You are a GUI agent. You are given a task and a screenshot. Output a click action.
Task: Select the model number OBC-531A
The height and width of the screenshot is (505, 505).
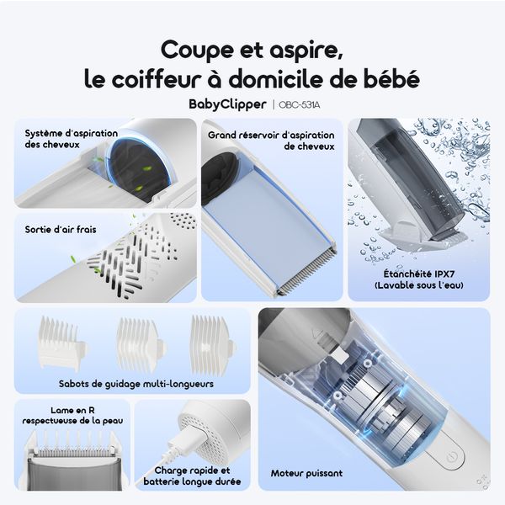(296, 104)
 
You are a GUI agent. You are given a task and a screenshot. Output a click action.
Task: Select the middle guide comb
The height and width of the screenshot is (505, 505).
(137, 343)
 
